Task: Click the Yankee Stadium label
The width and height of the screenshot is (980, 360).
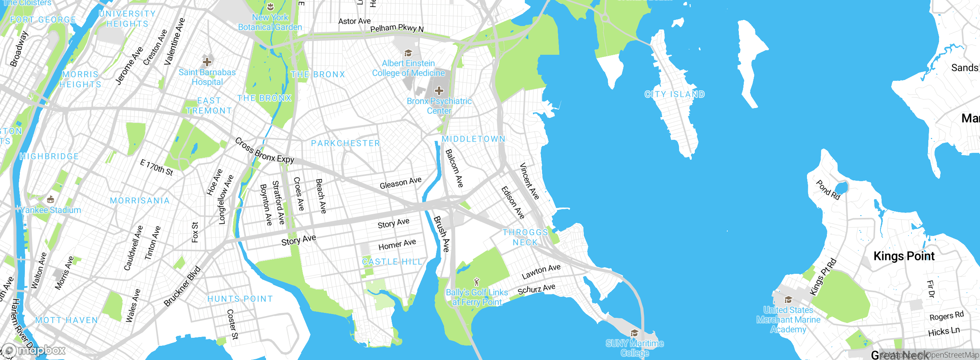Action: [x=51, y=210]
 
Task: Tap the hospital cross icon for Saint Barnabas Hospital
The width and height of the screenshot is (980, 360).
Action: [x=207, y=62]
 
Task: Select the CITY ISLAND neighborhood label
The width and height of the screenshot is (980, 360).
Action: [x=675, y=94]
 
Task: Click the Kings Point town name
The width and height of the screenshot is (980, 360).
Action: [x=904, y=256]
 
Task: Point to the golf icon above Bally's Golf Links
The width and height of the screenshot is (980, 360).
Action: [x=477, y=282]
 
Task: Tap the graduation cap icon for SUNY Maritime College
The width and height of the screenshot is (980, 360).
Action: [x=634, y=333]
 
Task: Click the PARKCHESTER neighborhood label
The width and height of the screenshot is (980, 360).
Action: [x=345, y=143]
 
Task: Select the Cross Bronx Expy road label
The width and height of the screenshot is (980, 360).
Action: [x=265, y=151]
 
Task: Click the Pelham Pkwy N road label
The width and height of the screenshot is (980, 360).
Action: [x=397, y=28]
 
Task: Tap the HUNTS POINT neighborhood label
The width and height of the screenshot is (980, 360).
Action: [x=240, y=299]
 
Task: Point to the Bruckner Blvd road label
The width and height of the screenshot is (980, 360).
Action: [x=183, y=286]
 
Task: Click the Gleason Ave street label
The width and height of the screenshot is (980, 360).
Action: [x=400, y=183]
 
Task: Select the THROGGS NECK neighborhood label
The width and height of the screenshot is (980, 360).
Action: [x=525, y=237]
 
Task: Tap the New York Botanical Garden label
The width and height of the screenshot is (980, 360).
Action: [x=270, y=22]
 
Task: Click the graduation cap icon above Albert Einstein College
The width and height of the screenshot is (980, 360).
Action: [x=408, y=53]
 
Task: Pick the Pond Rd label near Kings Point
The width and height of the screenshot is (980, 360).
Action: [x=828, y=190]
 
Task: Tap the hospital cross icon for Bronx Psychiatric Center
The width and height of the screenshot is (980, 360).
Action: [x=439, y=91]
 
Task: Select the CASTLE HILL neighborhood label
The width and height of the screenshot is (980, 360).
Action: [x=392, y=262]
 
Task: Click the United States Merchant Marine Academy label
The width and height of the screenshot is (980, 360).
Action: [x=788, y=319]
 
